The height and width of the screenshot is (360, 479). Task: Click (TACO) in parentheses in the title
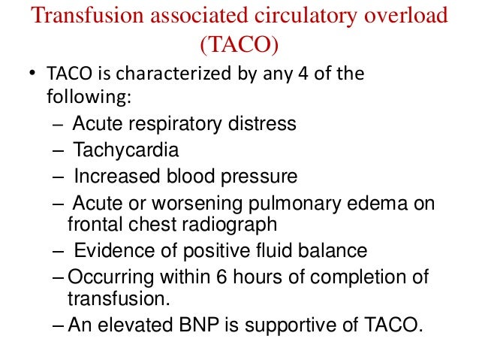(x=239, y=46)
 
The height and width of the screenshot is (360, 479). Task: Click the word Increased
(x=118, y=177)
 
